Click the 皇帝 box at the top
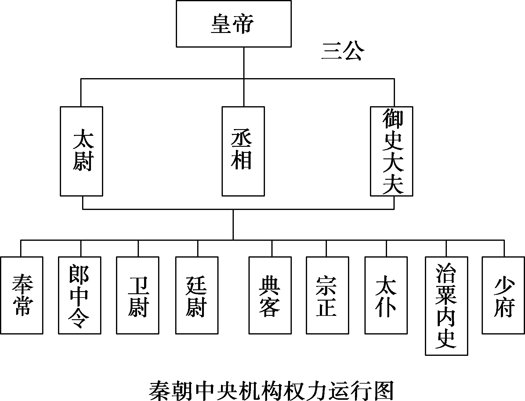point(234,23)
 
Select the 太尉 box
point(81,151)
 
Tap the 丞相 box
point(243,151)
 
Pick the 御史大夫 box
point(392,151)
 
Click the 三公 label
point(343,52)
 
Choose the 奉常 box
point(22,295)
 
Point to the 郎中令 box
point(80,295)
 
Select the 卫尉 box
point(138,295)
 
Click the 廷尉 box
point(197,295)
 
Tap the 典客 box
point(270,295)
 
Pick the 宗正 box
point(328,295)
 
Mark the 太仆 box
point(386,295)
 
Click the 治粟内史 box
point(447,306)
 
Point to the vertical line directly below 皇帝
point(244,63)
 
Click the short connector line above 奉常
point(21,248)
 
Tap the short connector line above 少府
point(504,248)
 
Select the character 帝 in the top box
point(243,24)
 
